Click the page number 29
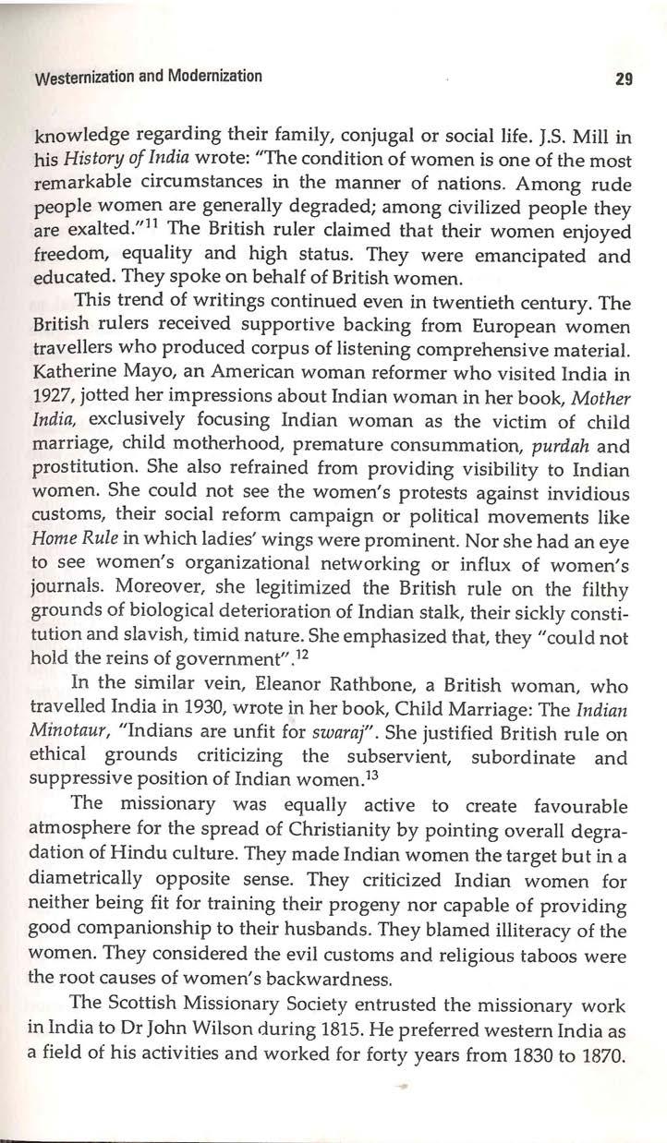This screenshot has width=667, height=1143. click(621, 79)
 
